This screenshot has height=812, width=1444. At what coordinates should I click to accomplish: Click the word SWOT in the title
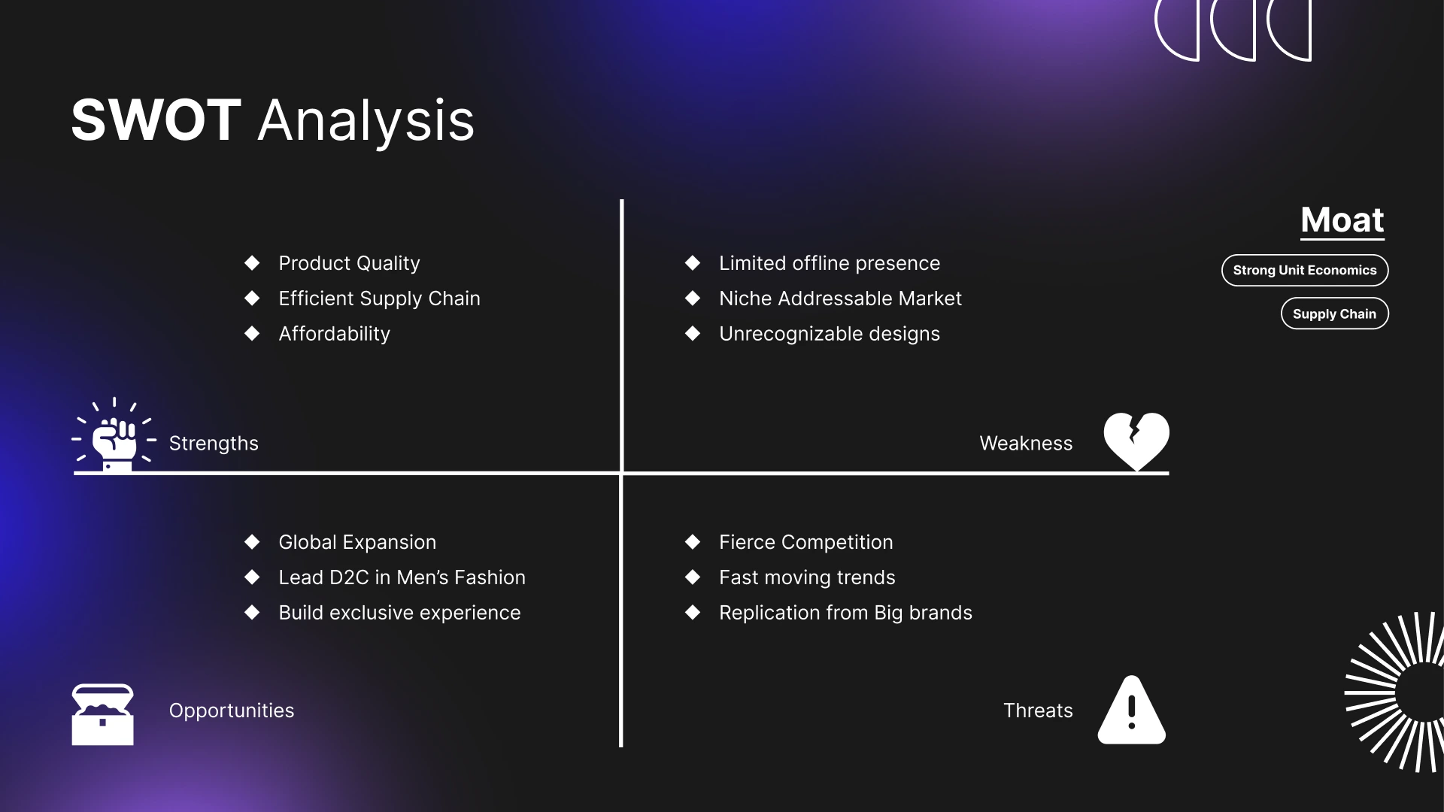point(156,120)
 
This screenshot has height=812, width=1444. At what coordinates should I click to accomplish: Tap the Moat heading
point(1342,220)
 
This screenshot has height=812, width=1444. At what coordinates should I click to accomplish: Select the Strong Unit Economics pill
point(1305,271)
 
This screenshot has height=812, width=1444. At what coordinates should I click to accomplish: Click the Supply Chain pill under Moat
point(1335,314)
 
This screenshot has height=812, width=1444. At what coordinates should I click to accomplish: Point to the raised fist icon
point(114,435)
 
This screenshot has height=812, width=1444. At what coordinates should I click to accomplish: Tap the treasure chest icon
point(102,714)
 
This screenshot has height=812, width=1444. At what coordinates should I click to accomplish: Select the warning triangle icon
point(1132,710)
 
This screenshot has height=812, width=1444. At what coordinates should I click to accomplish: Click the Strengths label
point(214,444)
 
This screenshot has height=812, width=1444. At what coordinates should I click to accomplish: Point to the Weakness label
point(1026,444)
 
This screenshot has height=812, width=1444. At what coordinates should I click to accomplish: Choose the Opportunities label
point(232,710)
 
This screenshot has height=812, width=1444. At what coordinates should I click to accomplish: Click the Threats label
point(1038,710)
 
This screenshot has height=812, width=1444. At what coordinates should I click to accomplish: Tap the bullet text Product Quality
point(349,263)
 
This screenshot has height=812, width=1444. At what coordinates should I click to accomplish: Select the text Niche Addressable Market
point(840,298)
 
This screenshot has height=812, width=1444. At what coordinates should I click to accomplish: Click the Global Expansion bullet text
point(357,542)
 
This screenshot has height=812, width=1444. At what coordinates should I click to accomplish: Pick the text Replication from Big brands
point(845,613)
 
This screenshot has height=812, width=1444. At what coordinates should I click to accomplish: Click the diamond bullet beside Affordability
point(252,333)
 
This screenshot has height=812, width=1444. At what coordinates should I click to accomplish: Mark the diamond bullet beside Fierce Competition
point(693,541)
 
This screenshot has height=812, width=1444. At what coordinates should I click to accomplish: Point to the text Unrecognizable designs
point(830,334)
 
